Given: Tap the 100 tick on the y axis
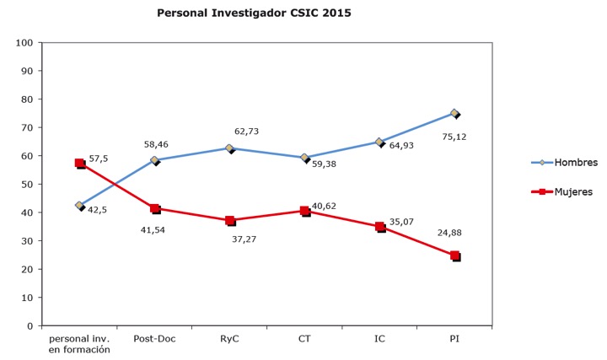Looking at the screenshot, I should (24, 43).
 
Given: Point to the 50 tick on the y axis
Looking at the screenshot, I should (27, 185).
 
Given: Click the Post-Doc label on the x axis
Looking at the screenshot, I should (154, 339).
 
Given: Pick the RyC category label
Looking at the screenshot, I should (229, 339).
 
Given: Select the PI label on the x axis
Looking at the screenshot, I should (454, 339).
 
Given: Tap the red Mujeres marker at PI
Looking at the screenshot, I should (455, 255).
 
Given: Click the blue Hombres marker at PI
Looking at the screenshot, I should (454, 113).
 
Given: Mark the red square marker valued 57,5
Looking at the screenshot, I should (80, 164).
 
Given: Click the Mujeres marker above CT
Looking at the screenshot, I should (305, 211).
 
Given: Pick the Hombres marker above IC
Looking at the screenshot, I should (380, 142).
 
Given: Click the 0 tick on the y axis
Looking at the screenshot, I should (30, 326).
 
